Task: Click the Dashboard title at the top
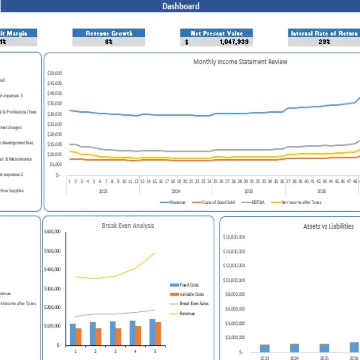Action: point(181,6)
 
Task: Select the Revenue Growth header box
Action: point(109,33)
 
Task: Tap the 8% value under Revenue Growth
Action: point(109,42)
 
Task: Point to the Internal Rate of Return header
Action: point(324,33)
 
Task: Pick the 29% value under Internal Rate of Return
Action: point(324,42)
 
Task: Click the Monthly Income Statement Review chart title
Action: point(240,62)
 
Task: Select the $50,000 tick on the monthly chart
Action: point(55,73)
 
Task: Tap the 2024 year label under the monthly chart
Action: point(176,191)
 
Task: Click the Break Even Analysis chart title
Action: point(128,226)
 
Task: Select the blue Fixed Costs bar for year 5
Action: point(152,332)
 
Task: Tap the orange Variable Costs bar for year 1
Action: point(78,337)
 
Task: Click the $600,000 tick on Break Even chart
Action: point(53,232)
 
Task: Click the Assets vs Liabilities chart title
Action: point(328,227)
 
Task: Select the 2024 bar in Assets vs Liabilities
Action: point(294,348)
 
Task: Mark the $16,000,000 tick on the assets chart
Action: point(235,237)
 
